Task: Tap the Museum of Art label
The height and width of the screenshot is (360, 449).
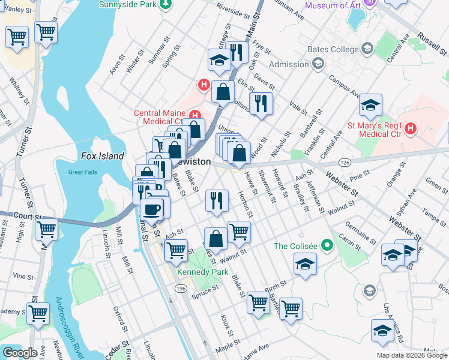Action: [x=333, y=6]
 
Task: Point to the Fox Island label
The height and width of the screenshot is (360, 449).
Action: [x=102, y=157]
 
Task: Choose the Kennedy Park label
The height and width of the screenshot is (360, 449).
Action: [x=201, y=272]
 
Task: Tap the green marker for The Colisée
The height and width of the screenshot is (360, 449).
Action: [x=327, y=245]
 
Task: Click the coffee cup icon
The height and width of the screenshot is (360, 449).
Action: [x=152, y=209]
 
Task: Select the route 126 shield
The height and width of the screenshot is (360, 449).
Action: [x=345, y=163]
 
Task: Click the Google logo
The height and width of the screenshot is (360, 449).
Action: [x=20, y=353]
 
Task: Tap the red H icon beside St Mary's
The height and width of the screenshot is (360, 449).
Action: [x=411, y=128]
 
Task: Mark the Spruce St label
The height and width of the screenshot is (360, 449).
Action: [x=205, y=290]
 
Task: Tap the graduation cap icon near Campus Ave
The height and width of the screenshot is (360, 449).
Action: [x=370, y=105]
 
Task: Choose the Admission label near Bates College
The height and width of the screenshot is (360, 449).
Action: [x=289, y=64]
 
